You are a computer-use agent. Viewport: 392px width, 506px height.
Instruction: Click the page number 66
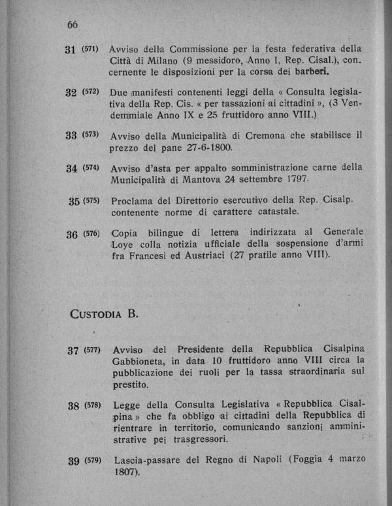[72, 24]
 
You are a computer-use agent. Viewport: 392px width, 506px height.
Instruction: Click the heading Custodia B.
[105, 313]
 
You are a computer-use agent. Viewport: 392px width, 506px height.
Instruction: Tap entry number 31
[72, 49]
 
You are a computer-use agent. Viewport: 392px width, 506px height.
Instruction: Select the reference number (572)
[91, 91]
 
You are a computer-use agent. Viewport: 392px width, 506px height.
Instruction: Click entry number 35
[74, 200]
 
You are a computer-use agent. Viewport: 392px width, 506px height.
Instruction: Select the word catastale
[271, 212]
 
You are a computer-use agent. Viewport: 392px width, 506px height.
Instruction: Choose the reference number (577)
[91, 350]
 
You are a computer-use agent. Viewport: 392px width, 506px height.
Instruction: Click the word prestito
[130, 385]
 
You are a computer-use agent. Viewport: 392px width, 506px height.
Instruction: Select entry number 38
[73, 405]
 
